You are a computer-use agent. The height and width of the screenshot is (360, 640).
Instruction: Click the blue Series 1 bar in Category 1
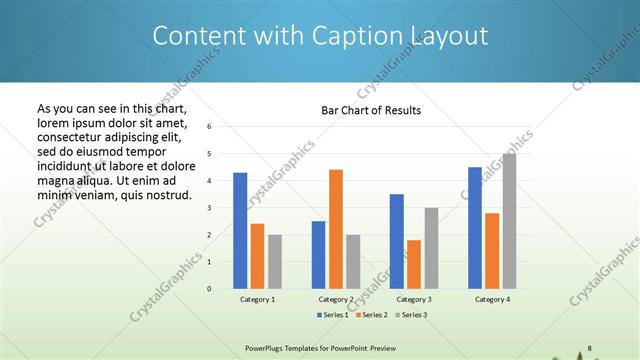[240, 230]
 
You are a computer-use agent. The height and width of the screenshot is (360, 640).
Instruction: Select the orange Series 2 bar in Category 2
[336, 229]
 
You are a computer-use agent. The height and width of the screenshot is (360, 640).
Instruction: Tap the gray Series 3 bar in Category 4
[510, 221]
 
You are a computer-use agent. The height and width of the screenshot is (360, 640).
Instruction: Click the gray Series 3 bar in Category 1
[275, 261]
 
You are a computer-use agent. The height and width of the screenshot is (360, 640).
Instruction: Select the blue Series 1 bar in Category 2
[318, 254]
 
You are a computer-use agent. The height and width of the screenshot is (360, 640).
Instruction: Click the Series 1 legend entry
[333, 315]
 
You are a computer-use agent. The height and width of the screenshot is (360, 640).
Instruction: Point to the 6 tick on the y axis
[210, 127]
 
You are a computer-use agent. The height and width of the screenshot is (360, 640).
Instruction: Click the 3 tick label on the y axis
[210, 208]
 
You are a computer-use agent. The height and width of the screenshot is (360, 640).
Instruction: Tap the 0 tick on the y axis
[210, 288]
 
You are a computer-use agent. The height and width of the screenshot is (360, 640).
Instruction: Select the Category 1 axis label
[257, 299]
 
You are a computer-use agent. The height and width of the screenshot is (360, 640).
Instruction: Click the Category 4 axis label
[492, 299]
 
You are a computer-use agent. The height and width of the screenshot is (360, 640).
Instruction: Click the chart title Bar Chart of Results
[371, 110]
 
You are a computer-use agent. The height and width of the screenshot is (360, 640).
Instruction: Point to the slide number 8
[590, 347]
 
